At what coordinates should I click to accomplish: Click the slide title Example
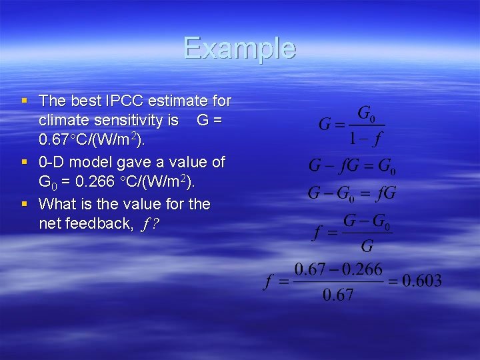(239, 49)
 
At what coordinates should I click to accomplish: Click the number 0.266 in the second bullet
(91, 182)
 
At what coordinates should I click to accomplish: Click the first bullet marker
(25, 101)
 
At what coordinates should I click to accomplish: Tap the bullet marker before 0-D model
(25, 162)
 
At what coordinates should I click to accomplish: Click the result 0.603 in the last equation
(421, 281)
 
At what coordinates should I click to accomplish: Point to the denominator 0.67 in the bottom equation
(338, 295)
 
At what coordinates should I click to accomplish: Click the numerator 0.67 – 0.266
(338, 269)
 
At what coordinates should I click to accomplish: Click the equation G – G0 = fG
(352, 193)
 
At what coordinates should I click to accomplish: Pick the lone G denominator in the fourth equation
(366, 246)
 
